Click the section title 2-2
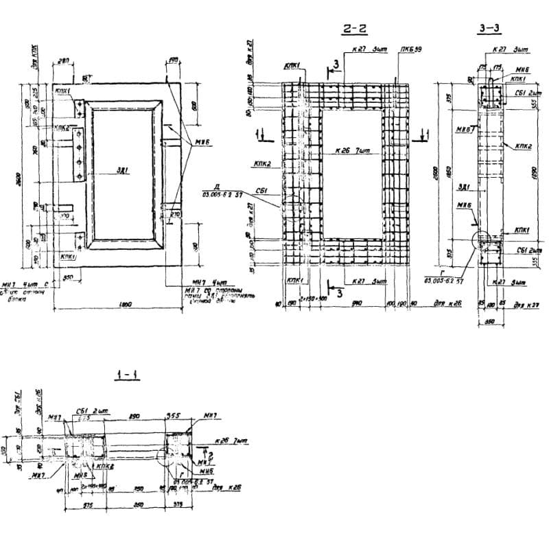pos(354,29)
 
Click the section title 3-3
pos(490,29)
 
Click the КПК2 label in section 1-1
pos(105,466)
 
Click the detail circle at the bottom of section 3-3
pos(484,242)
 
